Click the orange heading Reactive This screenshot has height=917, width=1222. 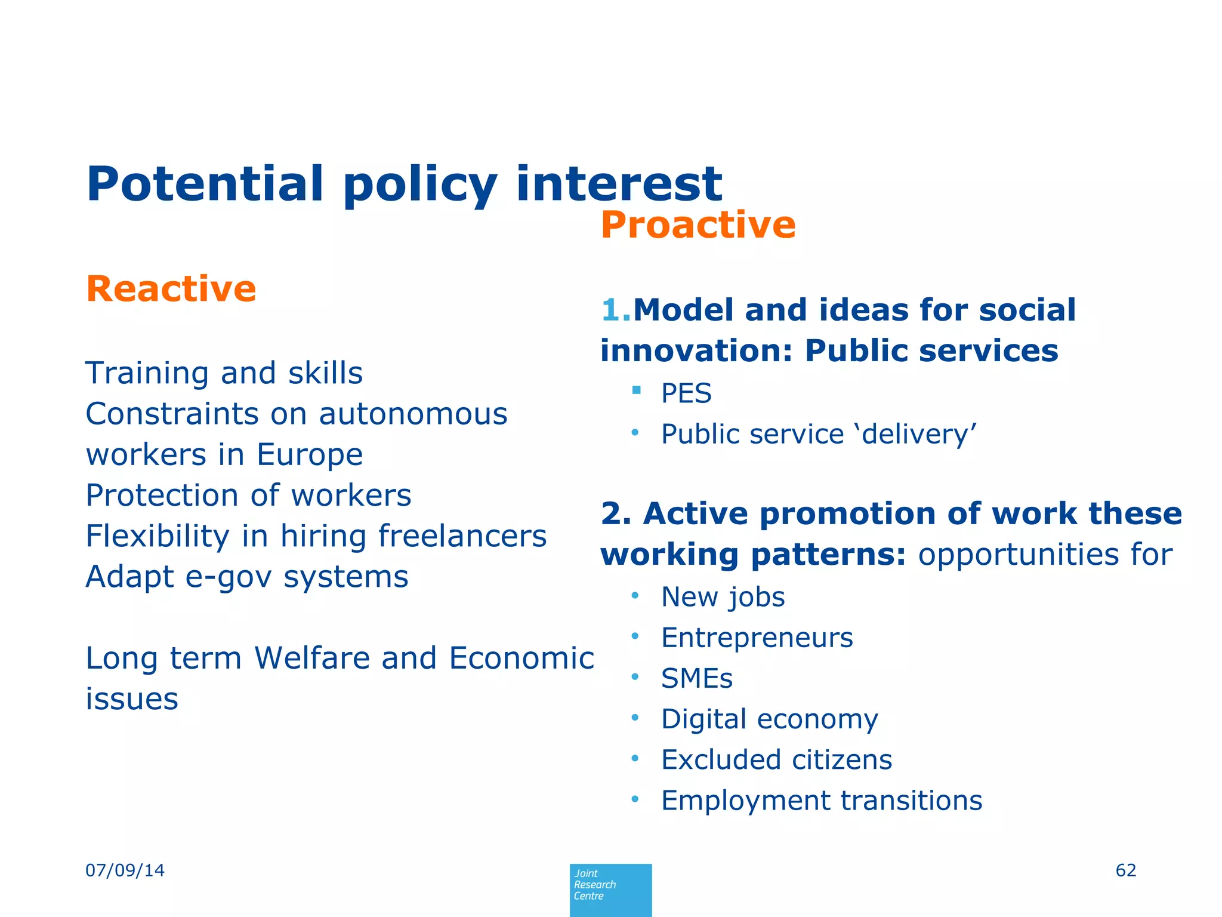[171, 290]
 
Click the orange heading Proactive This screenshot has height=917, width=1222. [698, 225]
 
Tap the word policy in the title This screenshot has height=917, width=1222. [419, 185]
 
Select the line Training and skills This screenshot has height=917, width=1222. [224, 374]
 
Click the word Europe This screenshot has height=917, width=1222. [309, 455]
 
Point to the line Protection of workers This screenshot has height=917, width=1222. [248, 496]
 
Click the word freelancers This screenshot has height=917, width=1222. [462, 536]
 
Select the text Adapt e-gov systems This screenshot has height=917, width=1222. [246, 577]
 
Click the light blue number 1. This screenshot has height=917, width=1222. [615, 310]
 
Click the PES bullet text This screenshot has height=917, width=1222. [686, 394]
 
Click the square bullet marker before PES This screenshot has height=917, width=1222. [636, 390]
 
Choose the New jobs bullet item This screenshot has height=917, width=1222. [723, 598]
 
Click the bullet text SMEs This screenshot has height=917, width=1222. [696, 679]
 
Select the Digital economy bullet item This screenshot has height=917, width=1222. [769, 719]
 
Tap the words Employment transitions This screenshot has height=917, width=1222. [821, 801]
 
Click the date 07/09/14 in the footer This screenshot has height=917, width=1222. [125, 870]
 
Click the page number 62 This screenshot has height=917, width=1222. [1125, 870]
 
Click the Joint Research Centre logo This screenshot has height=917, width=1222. [610, 890]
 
